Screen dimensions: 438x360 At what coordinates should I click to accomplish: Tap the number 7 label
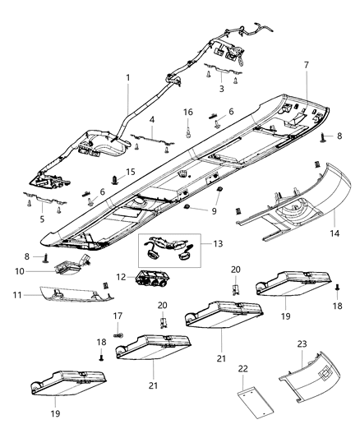[306, 65]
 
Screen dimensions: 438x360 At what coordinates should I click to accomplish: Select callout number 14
[221, 88]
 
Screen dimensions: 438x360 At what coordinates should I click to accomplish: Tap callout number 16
[188, 112]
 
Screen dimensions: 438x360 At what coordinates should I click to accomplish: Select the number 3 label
[221, 88]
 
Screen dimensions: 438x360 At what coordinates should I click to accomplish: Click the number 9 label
[214, 210]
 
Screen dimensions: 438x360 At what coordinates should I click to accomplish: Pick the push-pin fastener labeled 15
[113, 178]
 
